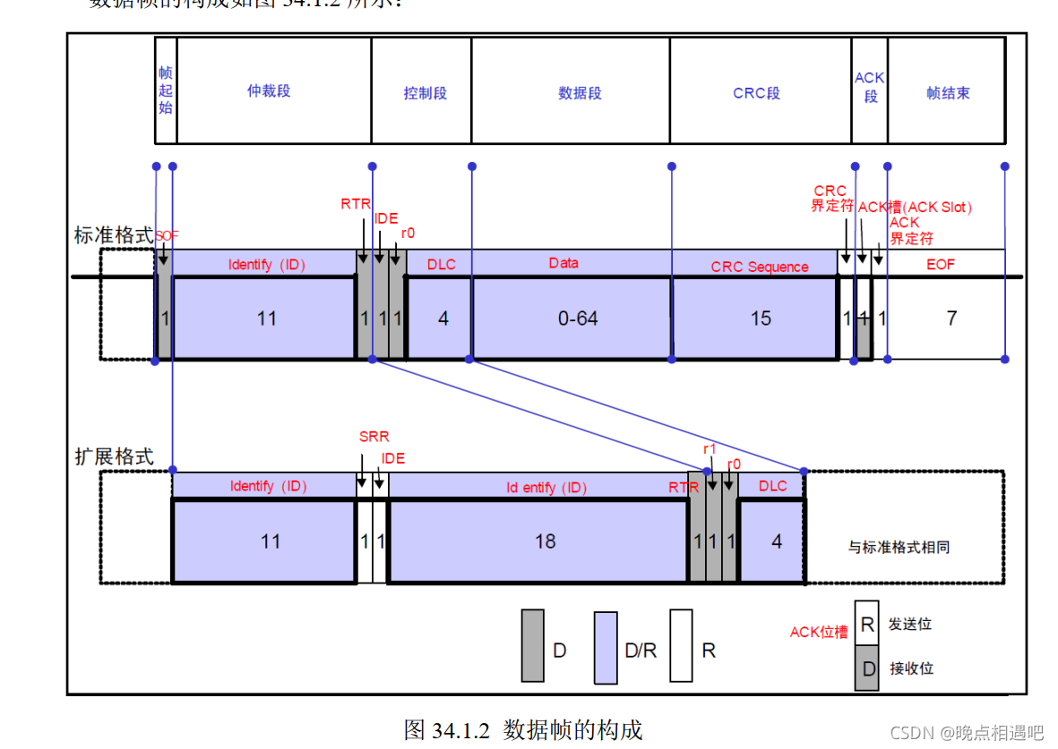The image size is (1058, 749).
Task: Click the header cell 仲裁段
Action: click(269, 91)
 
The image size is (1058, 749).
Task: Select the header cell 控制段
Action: click(425, 93)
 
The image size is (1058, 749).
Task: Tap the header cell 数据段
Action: click(580, 93)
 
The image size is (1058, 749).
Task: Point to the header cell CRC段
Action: click(757, 93)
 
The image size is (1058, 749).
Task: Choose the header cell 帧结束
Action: click(948, 93)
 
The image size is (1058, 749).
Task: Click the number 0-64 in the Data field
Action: click(578, 319)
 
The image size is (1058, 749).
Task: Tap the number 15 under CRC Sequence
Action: click(761, 319)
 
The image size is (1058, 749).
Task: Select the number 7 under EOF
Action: click(951, 318)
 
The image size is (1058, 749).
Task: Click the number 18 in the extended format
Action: click(545, 541)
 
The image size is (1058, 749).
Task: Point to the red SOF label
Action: click(167, 235)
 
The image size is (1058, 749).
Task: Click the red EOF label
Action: click(941, 265)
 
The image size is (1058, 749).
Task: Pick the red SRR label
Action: click(374, 438)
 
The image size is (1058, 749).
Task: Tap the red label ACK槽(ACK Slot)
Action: click(915, 208)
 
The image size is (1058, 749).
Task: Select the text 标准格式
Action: click(113, 236)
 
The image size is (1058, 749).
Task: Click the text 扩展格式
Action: click(113, 456)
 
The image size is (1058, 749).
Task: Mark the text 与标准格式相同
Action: click(899, 547)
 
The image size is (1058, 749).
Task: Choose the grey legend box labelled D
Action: click(533, 646)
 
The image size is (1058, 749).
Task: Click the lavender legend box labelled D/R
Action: click(606, 648)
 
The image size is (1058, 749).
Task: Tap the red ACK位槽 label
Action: click(818, 633)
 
